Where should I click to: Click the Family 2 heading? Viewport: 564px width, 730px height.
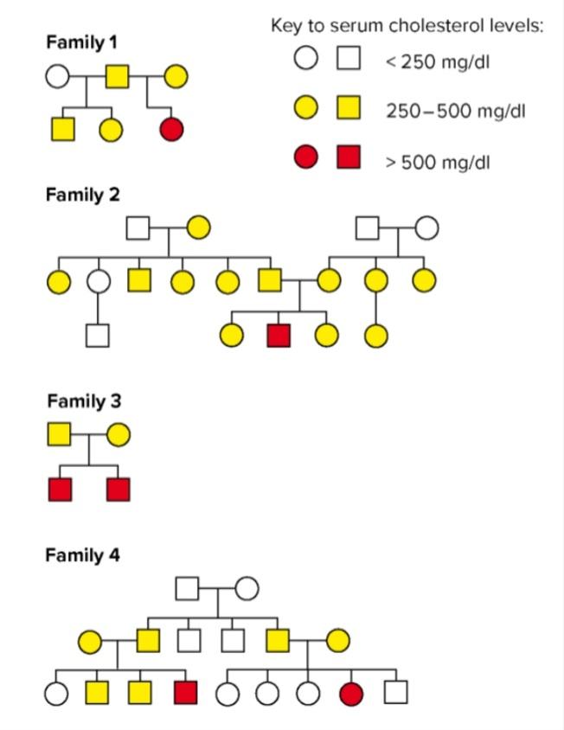click(83, 195)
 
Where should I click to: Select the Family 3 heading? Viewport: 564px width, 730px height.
click(84, 401)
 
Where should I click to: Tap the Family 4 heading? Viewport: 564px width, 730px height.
click(83, 555)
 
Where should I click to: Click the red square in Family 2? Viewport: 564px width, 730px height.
click(279, 336)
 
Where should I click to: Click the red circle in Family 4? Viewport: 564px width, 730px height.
click(351, 693)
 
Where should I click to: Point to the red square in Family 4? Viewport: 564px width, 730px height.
click(185, 693)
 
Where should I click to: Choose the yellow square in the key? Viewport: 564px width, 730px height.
click(349, 108)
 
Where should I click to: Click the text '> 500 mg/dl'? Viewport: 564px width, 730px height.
click(438, 161)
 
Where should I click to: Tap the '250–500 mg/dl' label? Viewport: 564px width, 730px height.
click(456, 112)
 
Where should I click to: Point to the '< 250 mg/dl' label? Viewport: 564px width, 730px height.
click(437, 62)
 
